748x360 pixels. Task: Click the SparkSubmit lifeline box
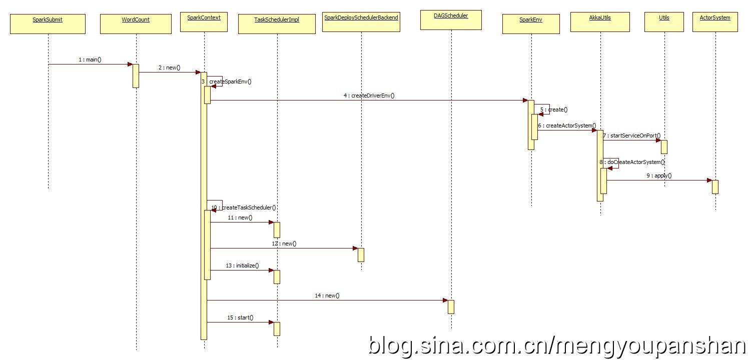[x=48, y=23]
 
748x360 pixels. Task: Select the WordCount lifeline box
[x=136, y=23]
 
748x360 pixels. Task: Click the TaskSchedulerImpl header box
[x=277, y=23]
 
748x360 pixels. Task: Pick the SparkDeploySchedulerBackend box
[x=361, y=22]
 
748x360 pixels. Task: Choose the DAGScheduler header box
[x=451, y=19]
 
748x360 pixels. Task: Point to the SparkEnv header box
[x=531, y=23]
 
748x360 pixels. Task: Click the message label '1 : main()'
[x=90, y=59]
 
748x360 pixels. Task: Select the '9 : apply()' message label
[x=659, y=175]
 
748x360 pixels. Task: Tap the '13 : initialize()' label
[x=242, y=265]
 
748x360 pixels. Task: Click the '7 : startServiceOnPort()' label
[x=631, y=135]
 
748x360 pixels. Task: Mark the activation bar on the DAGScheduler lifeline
[x=451, y=306]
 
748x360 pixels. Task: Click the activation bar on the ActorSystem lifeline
[x=715, y=186]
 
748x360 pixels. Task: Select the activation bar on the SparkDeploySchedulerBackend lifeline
[x=361, y=254]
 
